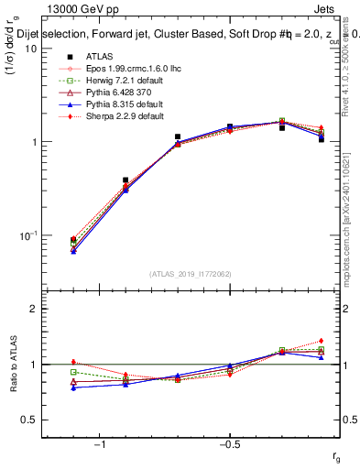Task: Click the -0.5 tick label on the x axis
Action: pos(228,444)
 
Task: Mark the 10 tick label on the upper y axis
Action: pos(31,49)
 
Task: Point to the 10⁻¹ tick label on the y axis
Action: pos(27,235)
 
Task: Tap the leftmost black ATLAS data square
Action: pos(73,240)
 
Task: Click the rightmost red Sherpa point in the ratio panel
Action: pos(322,341)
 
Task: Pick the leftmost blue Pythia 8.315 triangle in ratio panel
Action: pos(73,387)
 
